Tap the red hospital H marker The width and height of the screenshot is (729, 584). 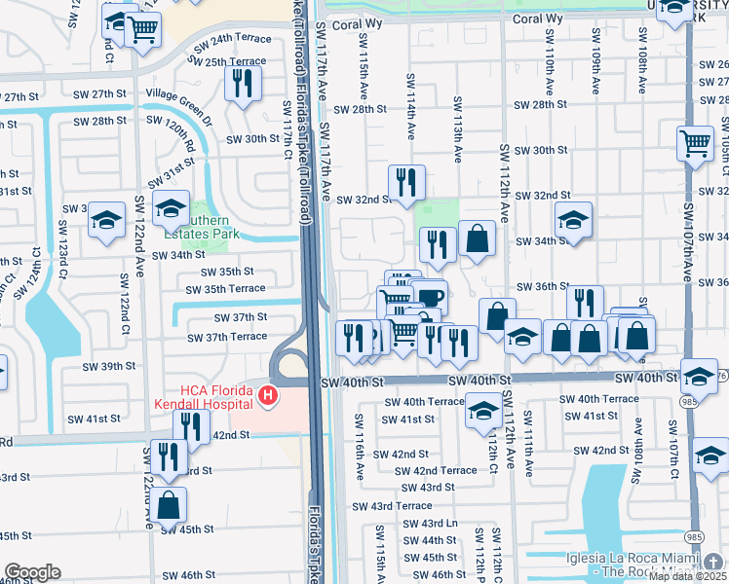pyautogui.click(x=266, y=395)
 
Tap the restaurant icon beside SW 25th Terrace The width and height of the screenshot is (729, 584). pyautogui.click(x=243, y=83)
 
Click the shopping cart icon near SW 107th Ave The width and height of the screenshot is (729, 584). pyautogui.click(x=695, y=142)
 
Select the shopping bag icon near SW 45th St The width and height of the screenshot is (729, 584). pyautogui.click(x=168, y=505)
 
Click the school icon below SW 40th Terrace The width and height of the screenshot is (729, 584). pyautogui.click(x=482, y=410)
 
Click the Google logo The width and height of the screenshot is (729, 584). pyautogui.click(x=33, y=572)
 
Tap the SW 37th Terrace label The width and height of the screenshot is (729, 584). pyautogui.click(x=227, y=337)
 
